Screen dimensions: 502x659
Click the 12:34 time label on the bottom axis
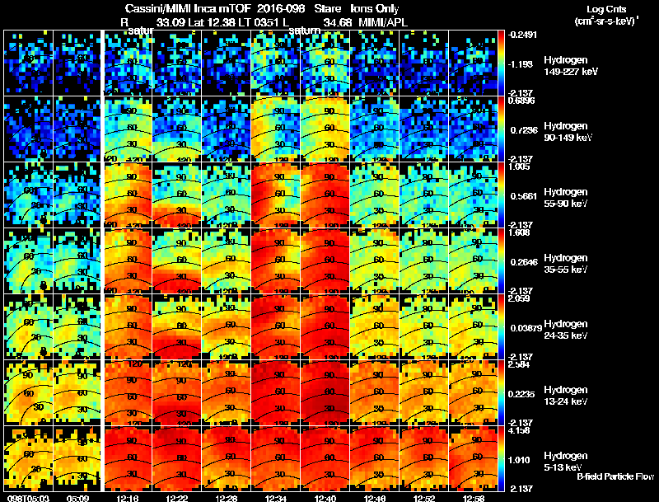tap(277, 497)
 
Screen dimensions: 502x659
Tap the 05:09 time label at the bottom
tap(77, 497)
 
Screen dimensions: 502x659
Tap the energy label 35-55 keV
tap(564, 270)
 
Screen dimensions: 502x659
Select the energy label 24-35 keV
tap(564, 335)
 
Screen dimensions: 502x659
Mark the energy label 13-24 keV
tap(564, 401)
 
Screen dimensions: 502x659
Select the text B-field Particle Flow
tap(615, 476)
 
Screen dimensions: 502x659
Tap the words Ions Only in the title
tap(376, 8)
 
